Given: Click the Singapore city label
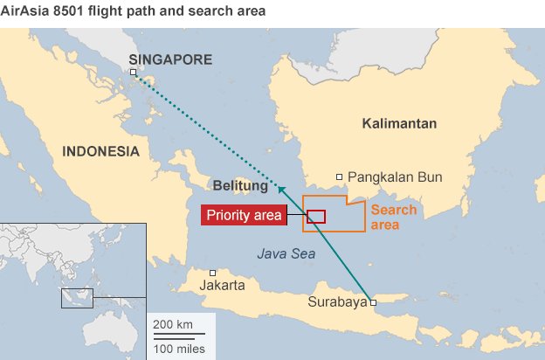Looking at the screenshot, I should point(170,59).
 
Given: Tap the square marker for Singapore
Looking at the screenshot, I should point(134,73).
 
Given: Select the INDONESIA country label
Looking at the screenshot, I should point(100,151).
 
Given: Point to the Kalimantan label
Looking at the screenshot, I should point(399,124).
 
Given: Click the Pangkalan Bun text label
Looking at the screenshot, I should point(395,177).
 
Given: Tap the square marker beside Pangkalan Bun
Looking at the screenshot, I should point(340,177).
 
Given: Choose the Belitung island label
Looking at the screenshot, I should point(240,186).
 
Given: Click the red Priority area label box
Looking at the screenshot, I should point(244,215).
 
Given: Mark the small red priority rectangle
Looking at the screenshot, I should point(316,216).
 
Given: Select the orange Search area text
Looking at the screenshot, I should point(394,218).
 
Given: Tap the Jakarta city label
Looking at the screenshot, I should point(222,286).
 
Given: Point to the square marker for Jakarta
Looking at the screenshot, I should point(212,273).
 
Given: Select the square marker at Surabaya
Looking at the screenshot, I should point(374,302).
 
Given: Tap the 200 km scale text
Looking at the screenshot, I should point(173,325).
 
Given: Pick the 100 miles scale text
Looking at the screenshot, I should point(180,349).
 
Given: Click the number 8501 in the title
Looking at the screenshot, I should point(77,12).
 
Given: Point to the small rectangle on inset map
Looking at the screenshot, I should point(76,298).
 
